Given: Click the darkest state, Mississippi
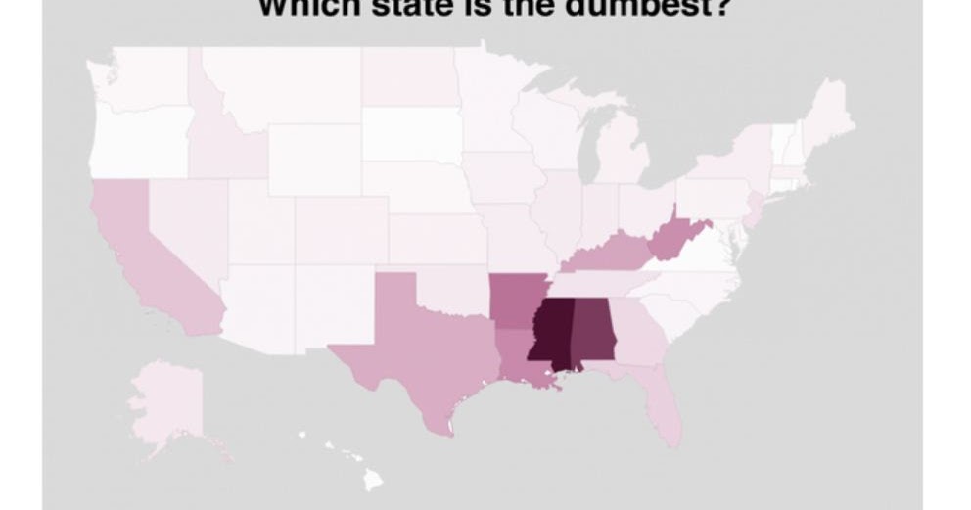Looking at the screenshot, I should coord(548,333).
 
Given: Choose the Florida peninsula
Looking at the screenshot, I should coord(666,411).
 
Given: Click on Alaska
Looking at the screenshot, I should coord(166,401).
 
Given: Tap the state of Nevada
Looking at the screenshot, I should coord(186,225).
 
